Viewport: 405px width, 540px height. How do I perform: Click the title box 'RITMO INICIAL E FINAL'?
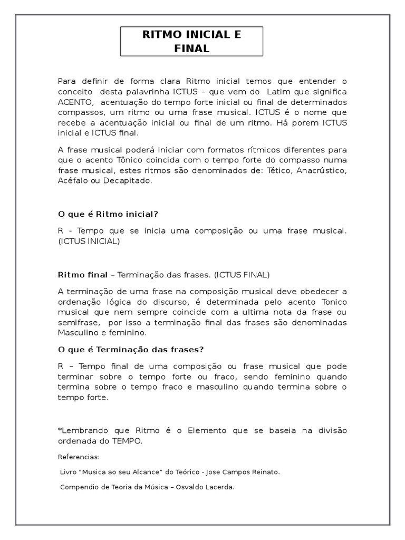point(192,42)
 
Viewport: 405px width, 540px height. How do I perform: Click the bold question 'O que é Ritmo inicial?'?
point(108,214)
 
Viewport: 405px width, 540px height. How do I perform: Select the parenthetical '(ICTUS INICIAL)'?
point(89,241)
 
